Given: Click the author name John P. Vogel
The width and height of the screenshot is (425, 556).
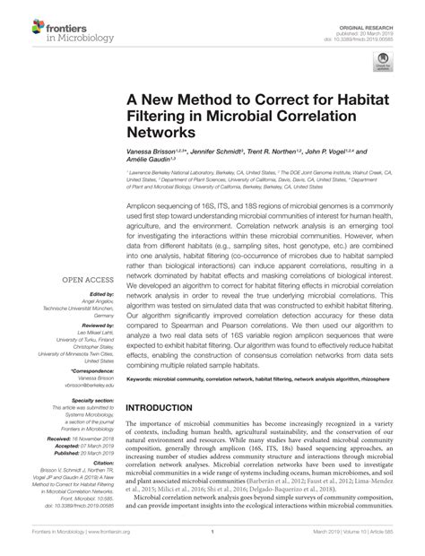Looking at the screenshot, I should coord(342,154).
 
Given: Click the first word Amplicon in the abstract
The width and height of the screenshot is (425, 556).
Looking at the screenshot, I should coord(143,204).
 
